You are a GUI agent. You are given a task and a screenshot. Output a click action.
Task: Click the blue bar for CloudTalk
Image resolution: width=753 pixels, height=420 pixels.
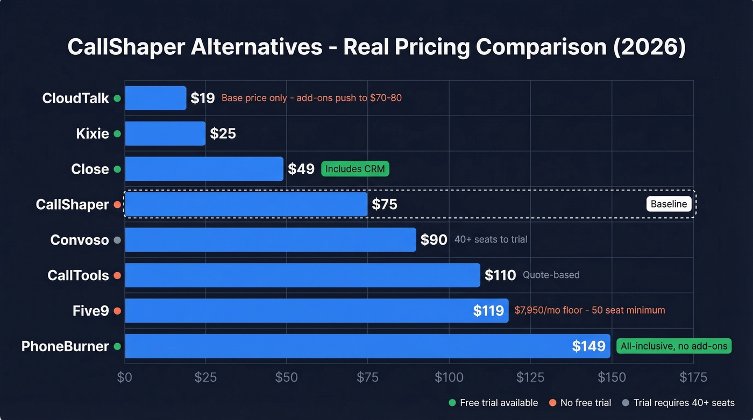[155, 98]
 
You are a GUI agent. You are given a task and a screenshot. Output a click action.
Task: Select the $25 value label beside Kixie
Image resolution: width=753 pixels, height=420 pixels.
[223, 133]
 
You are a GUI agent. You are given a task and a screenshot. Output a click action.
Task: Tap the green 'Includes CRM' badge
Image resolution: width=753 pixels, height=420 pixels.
[355, 169]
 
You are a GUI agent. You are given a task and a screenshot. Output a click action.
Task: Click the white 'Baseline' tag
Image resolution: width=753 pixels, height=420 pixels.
[669, 204]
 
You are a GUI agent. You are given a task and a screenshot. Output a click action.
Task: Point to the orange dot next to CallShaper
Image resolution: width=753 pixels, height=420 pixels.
[117, 204]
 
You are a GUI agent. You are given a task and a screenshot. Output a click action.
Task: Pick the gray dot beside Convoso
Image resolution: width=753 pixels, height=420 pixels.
[117, 240]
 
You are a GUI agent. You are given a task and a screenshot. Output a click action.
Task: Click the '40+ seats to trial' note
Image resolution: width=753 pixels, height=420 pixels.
[491, 239]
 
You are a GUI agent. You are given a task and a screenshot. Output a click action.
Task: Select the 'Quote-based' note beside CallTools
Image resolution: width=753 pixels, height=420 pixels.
[551, 275]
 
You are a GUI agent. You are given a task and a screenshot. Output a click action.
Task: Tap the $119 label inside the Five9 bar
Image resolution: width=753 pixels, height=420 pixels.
[488, 310]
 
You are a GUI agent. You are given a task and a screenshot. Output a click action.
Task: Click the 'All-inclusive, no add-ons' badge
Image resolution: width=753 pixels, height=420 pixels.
[673, 346]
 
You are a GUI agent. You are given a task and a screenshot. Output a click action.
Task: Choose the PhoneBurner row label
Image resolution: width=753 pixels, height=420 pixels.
[65, 346]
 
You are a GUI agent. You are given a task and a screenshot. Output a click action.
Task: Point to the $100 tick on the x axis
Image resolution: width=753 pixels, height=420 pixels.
[449, 377]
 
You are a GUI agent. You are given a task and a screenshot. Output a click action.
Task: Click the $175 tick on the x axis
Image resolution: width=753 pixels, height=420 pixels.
[693, 377]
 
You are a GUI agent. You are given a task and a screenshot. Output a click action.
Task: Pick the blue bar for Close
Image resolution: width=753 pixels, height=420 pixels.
[204, 169]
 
